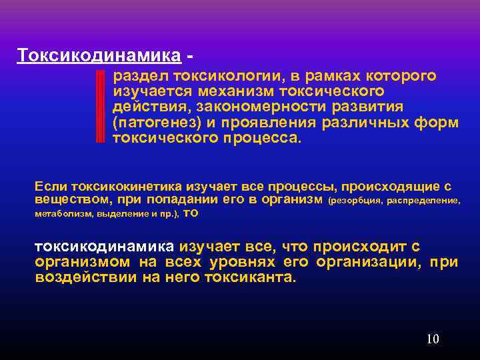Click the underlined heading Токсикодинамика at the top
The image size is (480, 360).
tap(99, 54)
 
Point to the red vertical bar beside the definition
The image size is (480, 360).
tap(101, 107)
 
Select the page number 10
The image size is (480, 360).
tap(433, 339)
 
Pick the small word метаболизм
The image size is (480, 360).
tap(63, 214)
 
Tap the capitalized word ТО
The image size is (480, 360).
tap(191, 213)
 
